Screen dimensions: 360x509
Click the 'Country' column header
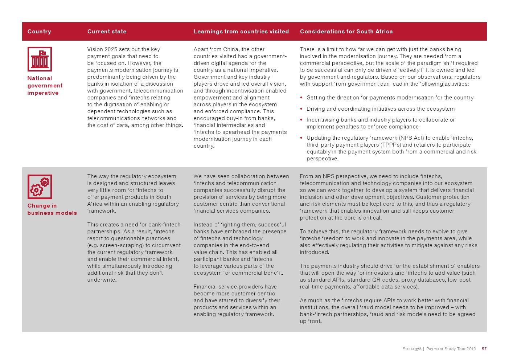(x=39, y=32)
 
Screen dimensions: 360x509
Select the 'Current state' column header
(x=107, y=32)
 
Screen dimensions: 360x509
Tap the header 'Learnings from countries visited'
(x=241, y=32)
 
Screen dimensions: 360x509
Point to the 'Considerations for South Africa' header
(x=346, y=32)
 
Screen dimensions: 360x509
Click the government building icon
(x=40, y=59)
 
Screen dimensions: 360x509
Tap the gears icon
(x=40, y=187)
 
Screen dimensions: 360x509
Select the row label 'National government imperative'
(x=45, y=86)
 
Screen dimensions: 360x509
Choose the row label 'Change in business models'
(x=52, y=209)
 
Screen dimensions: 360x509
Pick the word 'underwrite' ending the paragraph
(x=101, y=280)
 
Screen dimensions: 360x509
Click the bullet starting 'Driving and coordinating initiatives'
(x=380, y=109)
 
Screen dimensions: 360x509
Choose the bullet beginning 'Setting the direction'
(x=390, y=98)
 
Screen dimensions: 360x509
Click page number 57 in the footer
(x=484, y=349)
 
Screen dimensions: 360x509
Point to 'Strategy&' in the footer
(x=412, y=349)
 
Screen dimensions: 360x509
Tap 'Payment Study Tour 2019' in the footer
(x=451, y=349)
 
